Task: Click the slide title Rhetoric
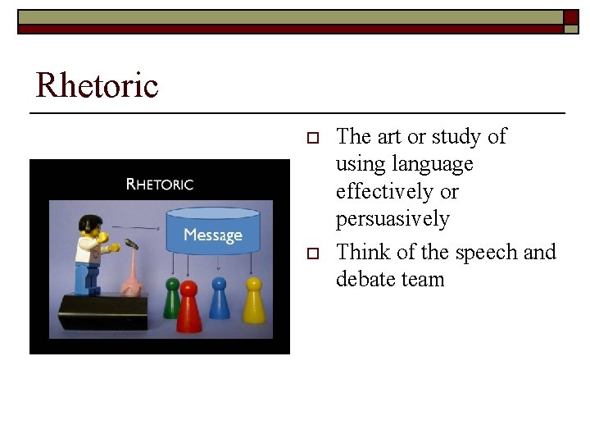(97, 85)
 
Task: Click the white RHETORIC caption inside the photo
(160, 184)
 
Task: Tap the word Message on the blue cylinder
(213, 235)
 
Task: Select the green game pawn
(172, 299)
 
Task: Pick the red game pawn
(189, 307)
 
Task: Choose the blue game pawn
(220, 300)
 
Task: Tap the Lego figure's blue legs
(86, 279)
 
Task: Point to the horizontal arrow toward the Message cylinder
(135, 226)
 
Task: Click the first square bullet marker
(311, 137)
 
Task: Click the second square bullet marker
(311, 253)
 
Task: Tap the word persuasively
(393, 219)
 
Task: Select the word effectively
(386, 191)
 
